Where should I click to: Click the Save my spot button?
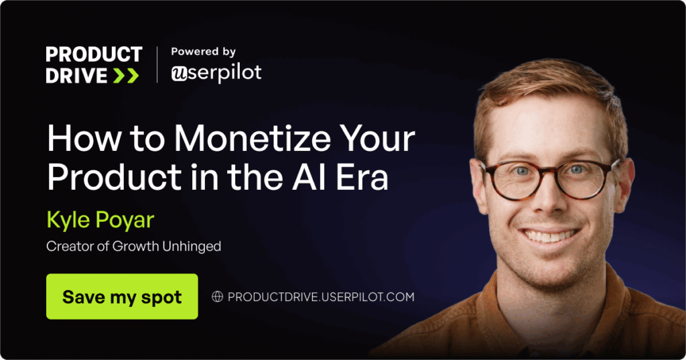(x=122, y=296)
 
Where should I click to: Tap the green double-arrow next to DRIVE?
(x=126, y=76)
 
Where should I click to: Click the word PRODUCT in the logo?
(x=94, y=54)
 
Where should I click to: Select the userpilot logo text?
(x=216, y=73)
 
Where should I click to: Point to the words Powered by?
(x=204, y=52)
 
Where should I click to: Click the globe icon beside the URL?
(x=218, y=296)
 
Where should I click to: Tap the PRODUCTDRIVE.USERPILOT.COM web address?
(x=321, y=297)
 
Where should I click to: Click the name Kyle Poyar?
(x=100, y=221)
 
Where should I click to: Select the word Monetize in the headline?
(x=252, y=138)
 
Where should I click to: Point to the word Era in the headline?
(x=362, y=176)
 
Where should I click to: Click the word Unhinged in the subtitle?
(x=192, y=247)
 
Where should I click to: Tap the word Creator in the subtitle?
(x=70, y=246)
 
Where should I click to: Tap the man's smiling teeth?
(x=549, y=235)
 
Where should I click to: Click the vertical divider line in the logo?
(x=157, y=65)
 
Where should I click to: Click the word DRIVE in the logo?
(x=76, y=76)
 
